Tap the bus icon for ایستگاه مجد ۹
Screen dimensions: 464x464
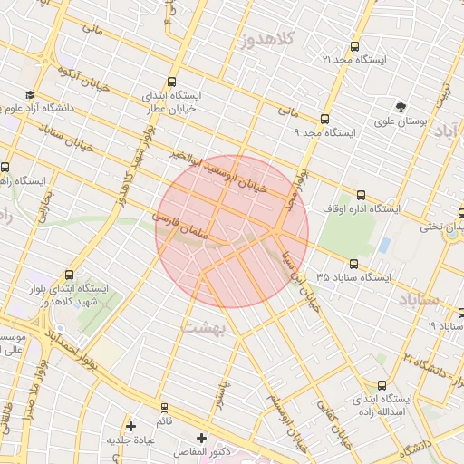pyautogui.click(x=324, y=118)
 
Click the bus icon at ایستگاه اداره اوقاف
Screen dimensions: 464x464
pyautogui.click(x=362, y=194)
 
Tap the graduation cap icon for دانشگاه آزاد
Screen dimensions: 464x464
pyautogui.click(x=30, y=95)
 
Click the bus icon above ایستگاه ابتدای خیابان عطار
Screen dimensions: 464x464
pyautogui.click(x=172, y=79)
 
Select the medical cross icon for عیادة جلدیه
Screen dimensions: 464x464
pyautogui.click(x=131, y=425)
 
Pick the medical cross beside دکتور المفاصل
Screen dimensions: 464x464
pyautogui.click(x=201, y=438)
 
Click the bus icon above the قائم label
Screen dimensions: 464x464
pyautogui.click(x=164, y=408)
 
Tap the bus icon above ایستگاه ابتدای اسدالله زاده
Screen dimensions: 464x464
pyautogui.click(x=382, y=384)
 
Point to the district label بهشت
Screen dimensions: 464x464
pyautogui.click(x=206, y=327)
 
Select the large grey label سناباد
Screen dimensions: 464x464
pyautogui.click(x=417, y=298)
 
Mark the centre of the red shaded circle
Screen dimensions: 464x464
pyautogui.click(x=232, y=231)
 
